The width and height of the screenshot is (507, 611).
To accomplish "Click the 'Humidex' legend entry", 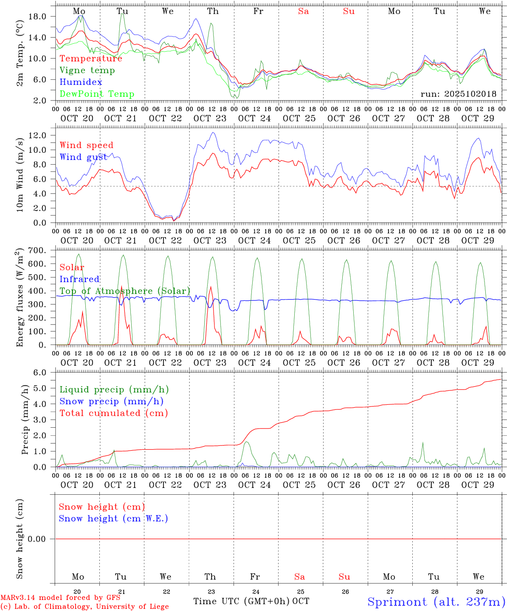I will coord(81,82).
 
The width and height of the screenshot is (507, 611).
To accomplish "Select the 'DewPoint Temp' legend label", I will coord(97,94).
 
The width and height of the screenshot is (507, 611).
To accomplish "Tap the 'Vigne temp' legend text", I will coord(87,70).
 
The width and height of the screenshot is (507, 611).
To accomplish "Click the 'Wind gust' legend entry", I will coord(83,157).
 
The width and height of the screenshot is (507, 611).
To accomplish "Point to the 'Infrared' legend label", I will coord(79,279).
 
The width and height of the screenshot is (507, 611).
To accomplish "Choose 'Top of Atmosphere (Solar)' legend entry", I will coord(125,291).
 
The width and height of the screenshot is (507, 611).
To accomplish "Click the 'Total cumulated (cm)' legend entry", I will coord(114,413).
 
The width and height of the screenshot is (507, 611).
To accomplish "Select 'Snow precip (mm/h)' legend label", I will coord(111,401).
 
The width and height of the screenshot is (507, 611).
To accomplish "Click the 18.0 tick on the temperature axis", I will coord(37,16).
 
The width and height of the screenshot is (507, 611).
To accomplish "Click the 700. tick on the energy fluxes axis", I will coord(37,250).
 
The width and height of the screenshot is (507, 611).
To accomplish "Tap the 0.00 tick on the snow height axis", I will coord(37,539).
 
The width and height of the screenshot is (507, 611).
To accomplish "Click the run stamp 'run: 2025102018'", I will coord(458,94).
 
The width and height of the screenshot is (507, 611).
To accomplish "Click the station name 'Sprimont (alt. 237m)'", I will coord(436,602).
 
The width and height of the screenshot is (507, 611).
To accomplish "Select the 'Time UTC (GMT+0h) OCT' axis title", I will coord(251,601).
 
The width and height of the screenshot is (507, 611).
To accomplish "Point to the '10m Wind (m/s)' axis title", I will coord(20,174).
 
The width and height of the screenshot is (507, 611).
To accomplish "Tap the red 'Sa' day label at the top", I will coord(303,11).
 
